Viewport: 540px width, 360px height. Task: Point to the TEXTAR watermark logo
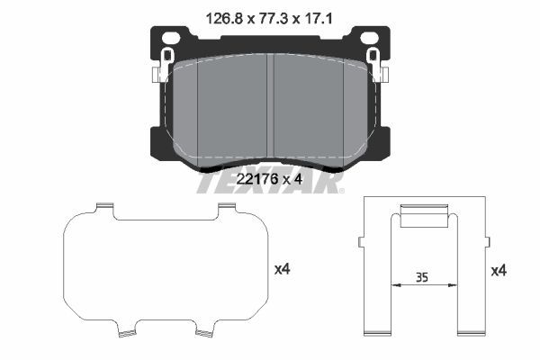point(270,182)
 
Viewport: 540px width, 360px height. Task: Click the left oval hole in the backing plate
point(171,38)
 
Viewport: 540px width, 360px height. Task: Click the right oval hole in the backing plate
point(369,38)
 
